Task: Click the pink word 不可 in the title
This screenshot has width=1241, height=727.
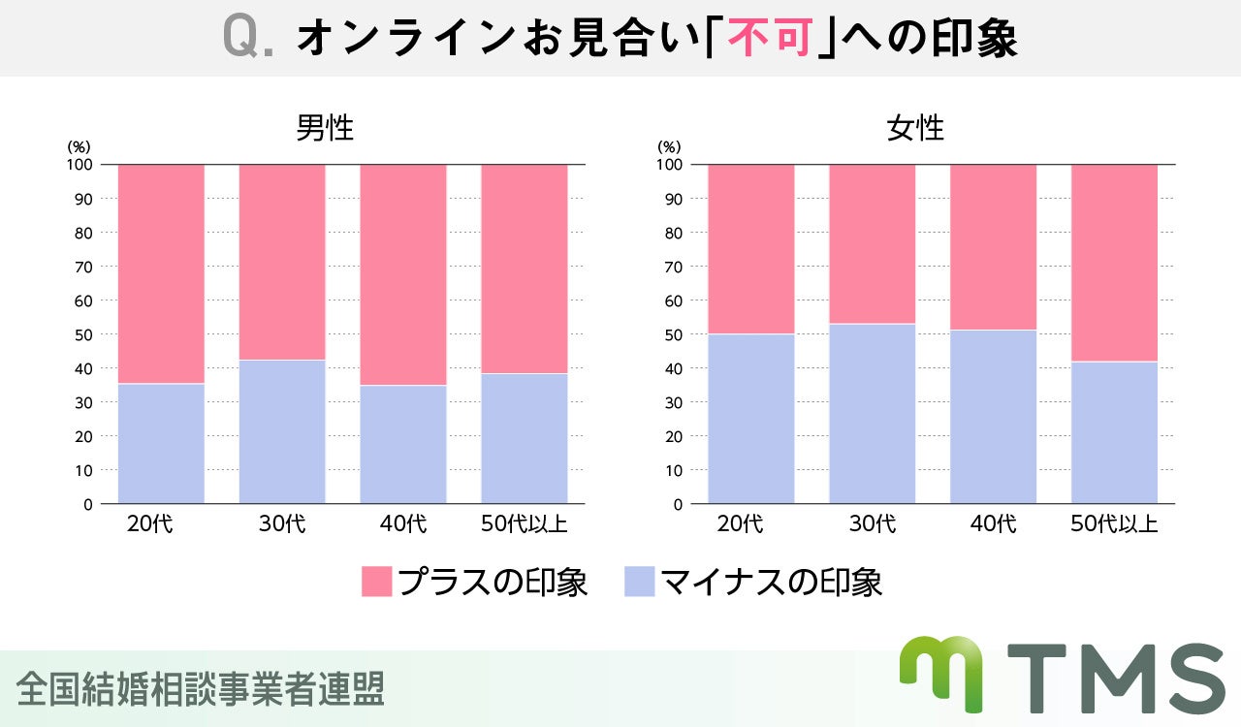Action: [x=769, y=40]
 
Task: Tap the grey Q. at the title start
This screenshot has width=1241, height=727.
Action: [x=249, y=40]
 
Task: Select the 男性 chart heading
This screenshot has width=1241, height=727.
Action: [x=325, y=128]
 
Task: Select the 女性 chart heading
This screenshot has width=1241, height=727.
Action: [x=915, y=128]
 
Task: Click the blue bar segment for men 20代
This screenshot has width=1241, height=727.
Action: [x=161, y=443]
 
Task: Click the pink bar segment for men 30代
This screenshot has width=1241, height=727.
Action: [x=282, y=262]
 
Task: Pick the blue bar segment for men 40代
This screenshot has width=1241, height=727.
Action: [x=403, y=444]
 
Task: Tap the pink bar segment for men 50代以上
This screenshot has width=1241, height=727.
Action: [x=525, y=269]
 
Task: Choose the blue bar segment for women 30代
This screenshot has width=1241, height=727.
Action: [x=873, y=413]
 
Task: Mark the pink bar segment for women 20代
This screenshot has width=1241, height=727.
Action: [x=751, y=249]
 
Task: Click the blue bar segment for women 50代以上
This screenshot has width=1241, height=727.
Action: [x=1114, y=432]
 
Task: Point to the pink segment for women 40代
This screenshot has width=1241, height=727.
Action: [x=993, y=247]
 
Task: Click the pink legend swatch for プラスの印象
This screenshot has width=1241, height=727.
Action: [x=376, y=582]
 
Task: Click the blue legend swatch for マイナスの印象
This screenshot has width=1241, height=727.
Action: [x=640, y=582]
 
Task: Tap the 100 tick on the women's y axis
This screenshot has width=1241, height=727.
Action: [x=669, y=165]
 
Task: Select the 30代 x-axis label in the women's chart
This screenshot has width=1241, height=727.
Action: [x=873, y=524]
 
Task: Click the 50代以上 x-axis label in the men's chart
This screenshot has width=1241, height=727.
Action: [x=525, y=524]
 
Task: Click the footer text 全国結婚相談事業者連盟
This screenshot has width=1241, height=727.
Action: [x=201, y=688]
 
